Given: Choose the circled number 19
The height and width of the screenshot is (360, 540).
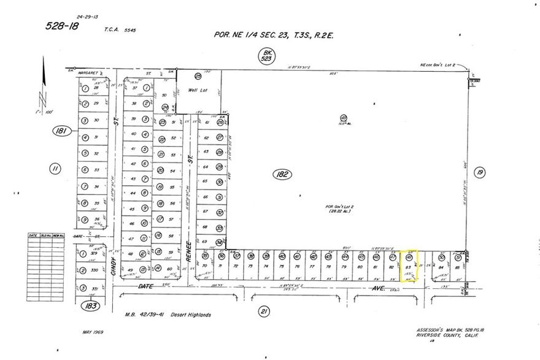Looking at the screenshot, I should click(480, 174).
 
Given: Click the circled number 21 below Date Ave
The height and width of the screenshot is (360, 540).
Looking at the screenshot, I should click(264, 312).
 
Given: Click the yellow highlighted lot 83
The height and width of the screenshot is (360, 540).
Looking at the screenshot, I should click(409, 266).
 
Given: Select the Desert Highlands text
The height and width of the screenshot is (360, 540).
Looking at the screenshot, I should click(192, 315).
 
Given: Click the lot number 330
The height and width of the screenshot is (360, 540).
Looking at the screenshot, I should click(95, 270).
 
